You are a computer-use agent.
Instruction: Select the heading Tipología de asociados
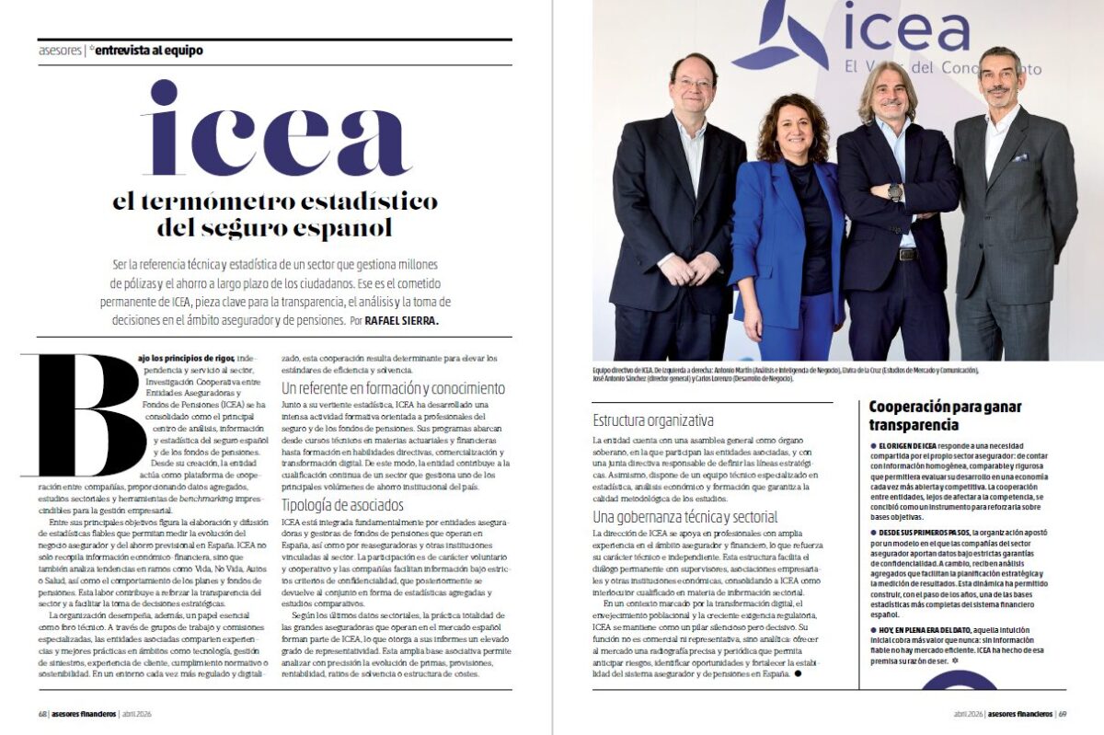click(342, 505)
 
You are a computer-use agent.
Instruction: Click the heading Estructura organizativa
click(653, 421)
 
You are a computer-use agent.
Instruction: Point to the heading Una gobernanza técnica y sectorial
click(685, 516)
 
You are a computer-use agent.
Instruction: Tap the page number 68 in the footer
click(42, 714)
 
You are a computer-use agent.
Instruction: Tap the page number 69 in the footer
click(1062, 714)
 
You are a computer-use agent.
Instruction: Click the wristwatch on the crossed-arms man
click(894, 192)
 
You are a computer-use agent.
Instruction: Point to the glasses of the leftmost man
click(695, 84)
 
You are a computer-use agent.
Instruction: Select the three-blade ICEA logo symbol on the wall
click(780, 35)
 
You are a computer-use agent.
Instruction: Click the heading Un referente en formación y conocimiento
click(393, 388)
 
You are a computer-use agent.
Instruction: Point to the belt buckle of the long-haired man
click(908, 254)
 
